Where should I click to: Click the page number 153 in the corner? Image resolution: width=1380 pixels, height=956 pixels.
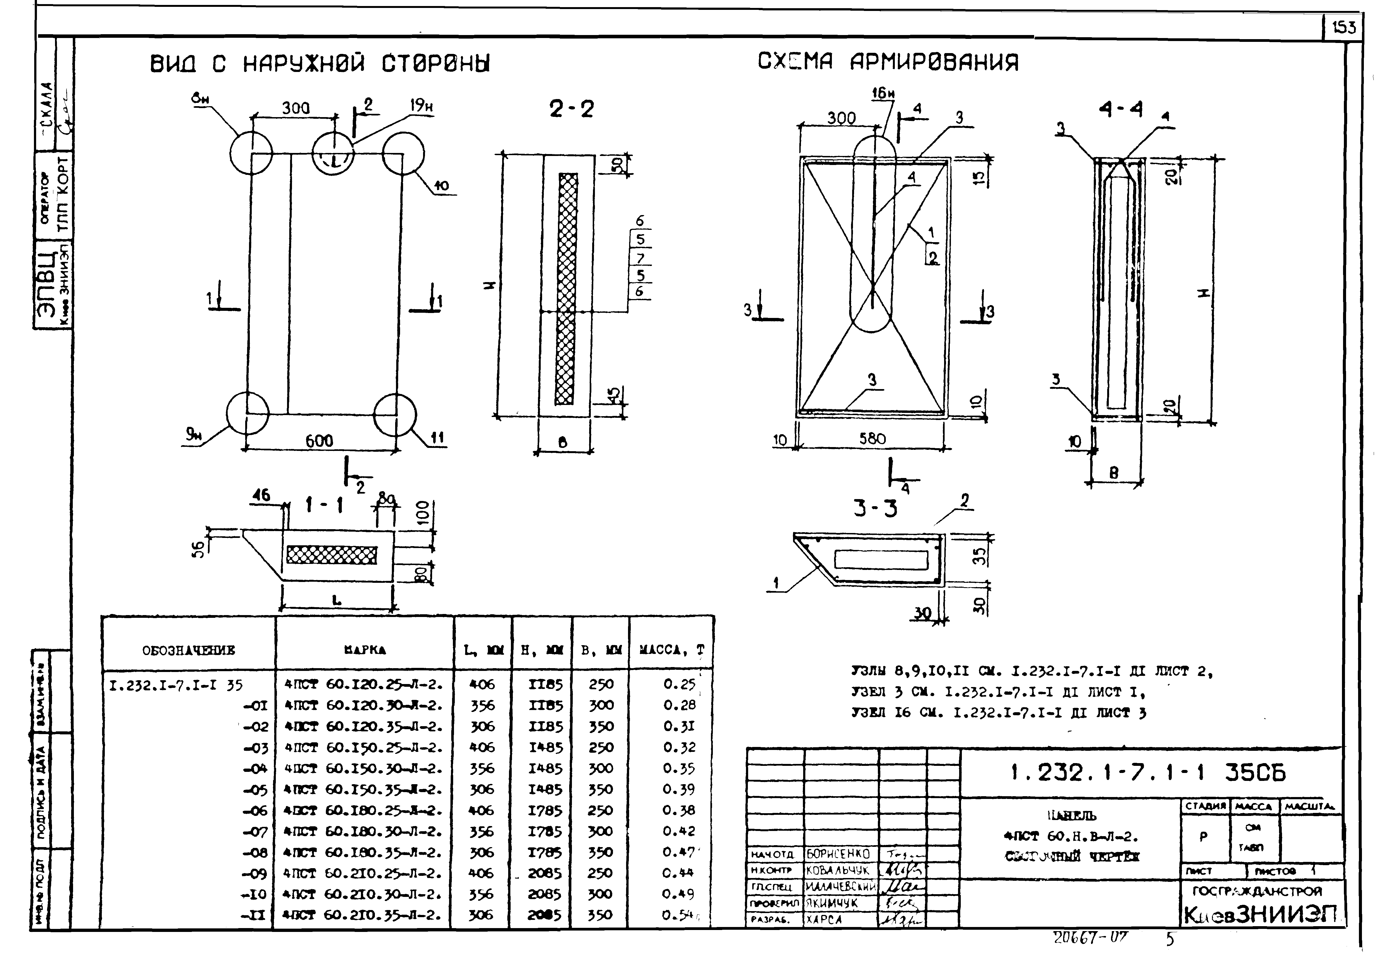[1343, 44]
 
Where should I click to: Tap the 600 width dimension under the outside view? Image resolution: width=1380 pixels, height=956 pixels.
[319, 441]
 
